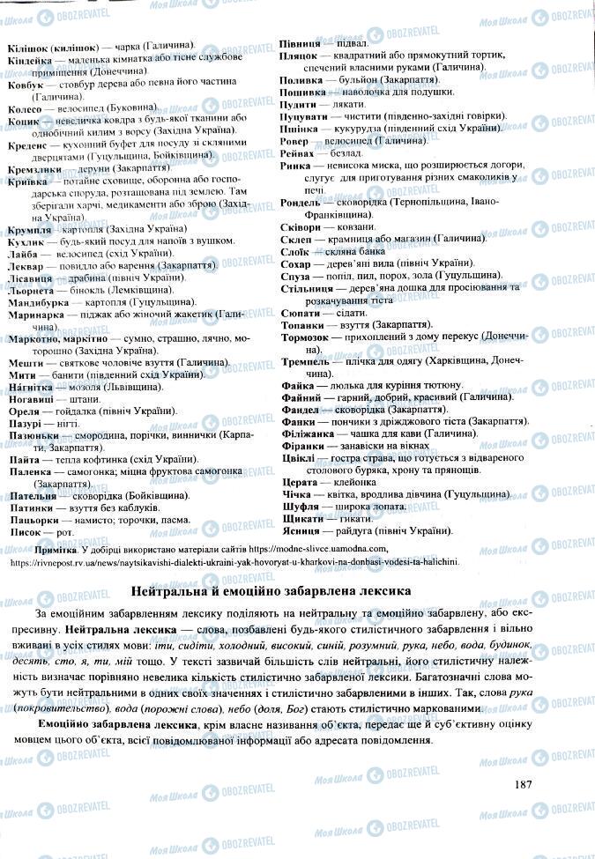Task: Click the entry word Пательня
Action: pos(33,496)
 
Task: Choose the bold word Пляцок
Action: pos(299,55)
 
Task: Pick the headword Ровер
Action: pos(294,140)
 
